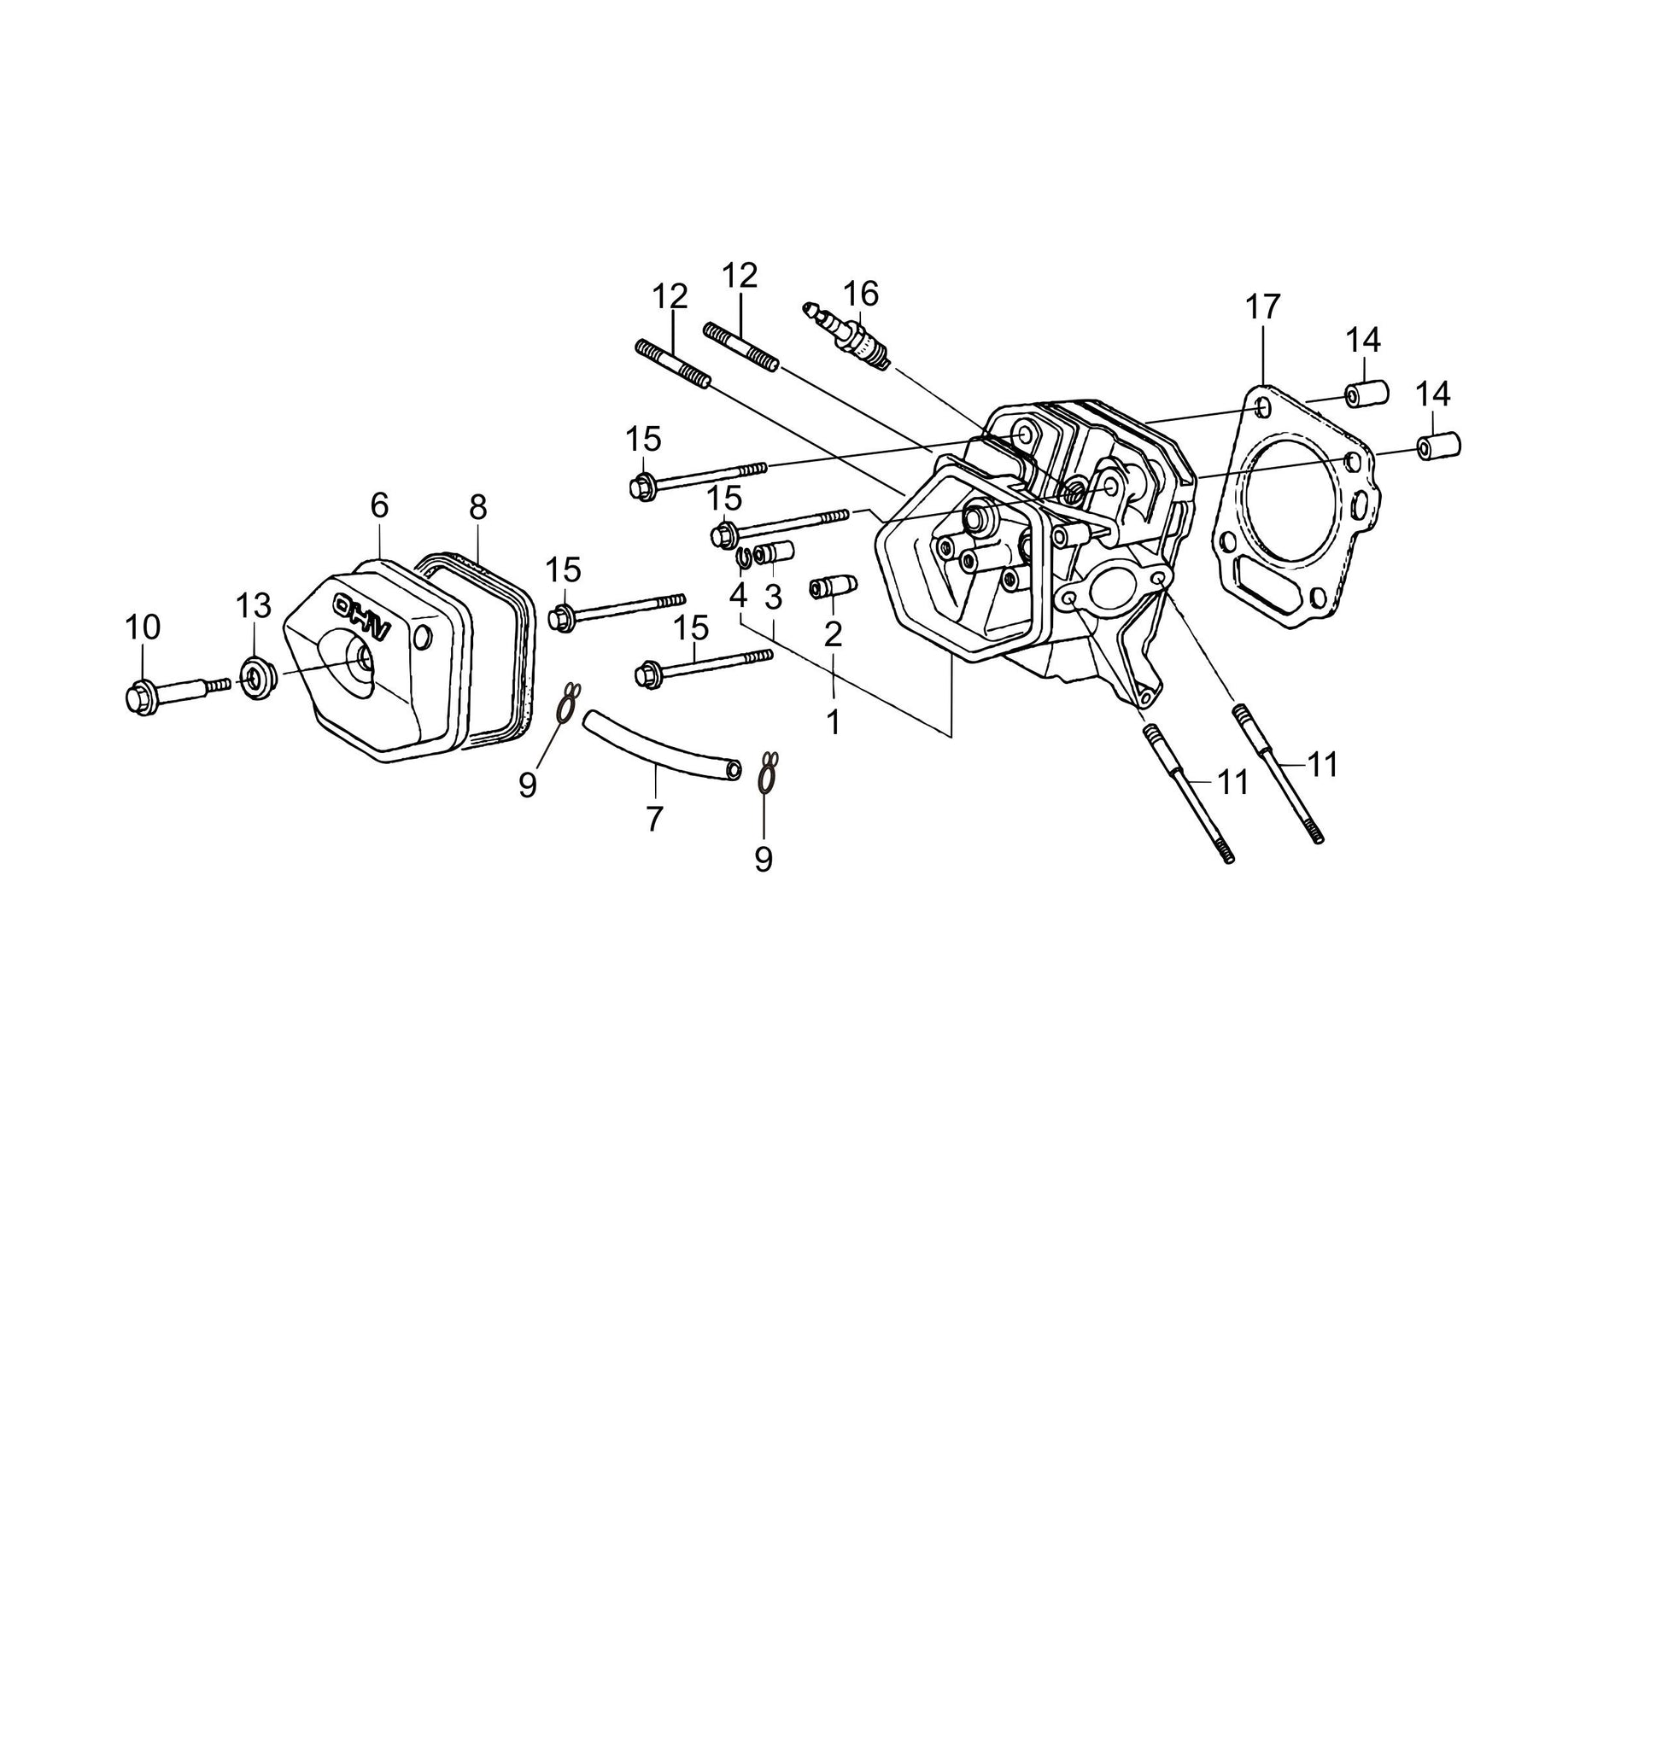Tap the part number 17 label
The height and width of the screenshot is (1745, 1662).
(x=1262, y=307)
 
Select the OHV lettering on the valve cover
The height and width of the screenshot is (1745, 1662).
(x=362, y=616)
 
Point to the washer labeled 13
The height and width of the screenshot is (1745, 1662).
(x=257, y=678)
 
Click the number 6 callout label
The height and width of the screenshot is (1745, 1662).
(x=379, y=505)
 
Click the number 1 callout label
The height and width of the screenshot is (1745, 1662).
(x=833, y=723)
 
